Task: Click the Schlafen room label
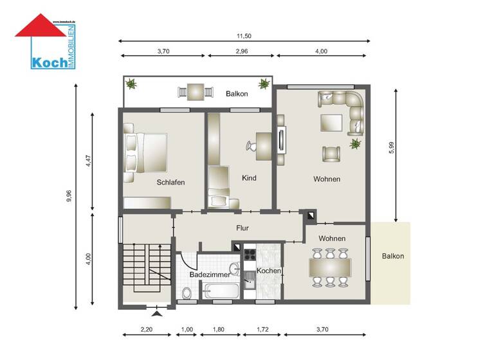tap(170, 183)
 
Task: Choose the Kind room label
tap(249, 178)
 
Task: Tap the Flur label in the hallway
tap(242, 228)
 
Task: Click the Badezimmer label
tap(206, 274)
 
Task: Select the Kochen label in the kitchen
tap(269, 271)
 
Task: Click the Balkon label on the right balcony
tap(392, 256)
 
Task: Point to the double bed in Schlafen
tap(146, 152)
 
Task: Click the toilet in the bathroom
tap(187, 294)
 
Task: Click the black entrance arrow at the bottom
tap(156, 314)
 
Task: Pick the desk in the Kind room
tap(264, 146)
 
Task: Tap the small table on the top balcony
tap(195, 92)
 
